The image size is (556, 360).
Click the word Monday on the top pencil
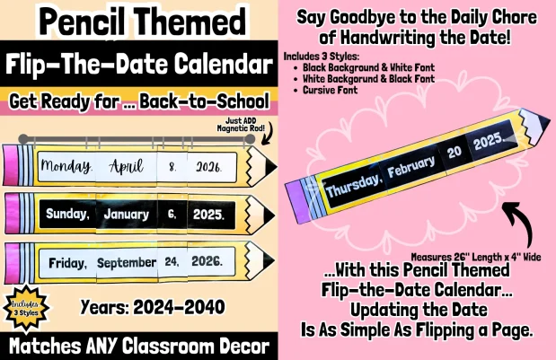pos(68,167)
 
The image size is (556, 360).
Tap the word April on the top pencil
pos(126,167)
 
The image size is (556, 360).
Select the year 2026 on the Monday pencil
pos(209,167)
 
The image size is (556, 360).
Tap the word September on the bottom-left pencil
pos(127,263)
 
